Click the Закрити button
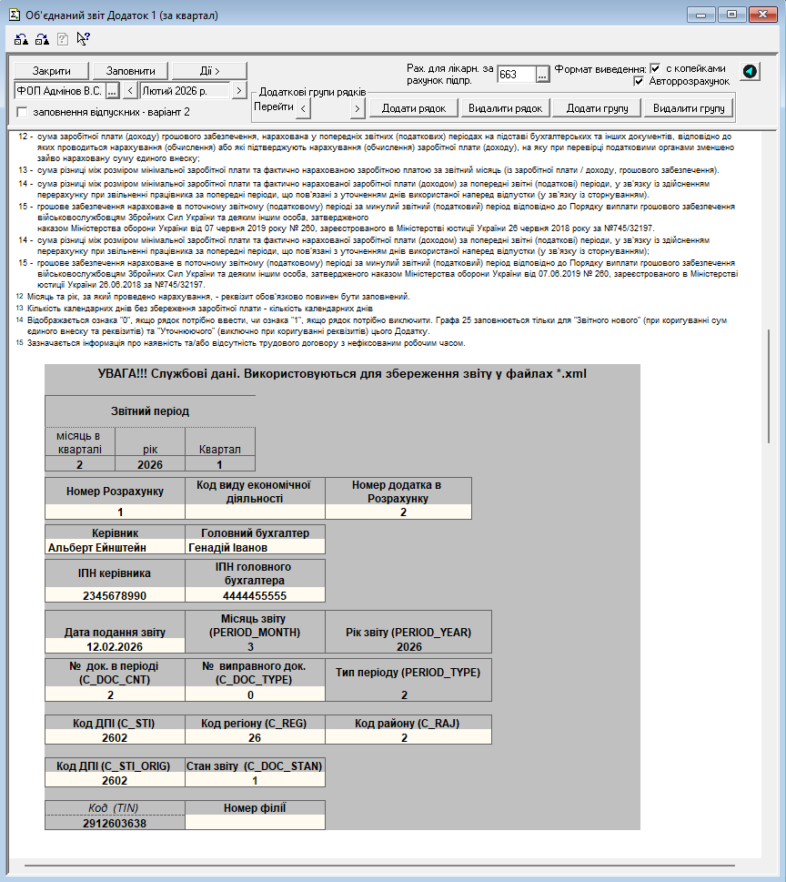point(52,71)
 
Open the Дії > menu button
point(210,71)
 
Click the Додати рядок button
point(413,108)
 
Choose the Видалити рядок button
point(505,108)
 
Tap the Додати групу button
point(597,108)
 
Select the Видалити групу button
point(689,108)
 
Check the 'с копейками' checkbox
point(655,68)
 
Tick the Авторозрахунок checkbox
point(640,81)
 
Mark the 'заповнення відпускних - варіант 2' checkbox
point(22,112)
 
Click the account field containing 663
point(516,75)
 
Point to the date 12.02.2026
point(115,646)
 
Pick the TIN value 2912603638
point(115,823)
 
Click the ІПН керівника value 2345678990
point(115,595)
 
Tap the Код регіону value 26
point(255,738)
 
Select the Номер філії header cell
point(255,807)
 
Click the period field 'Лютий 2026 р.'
point(185,91)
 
